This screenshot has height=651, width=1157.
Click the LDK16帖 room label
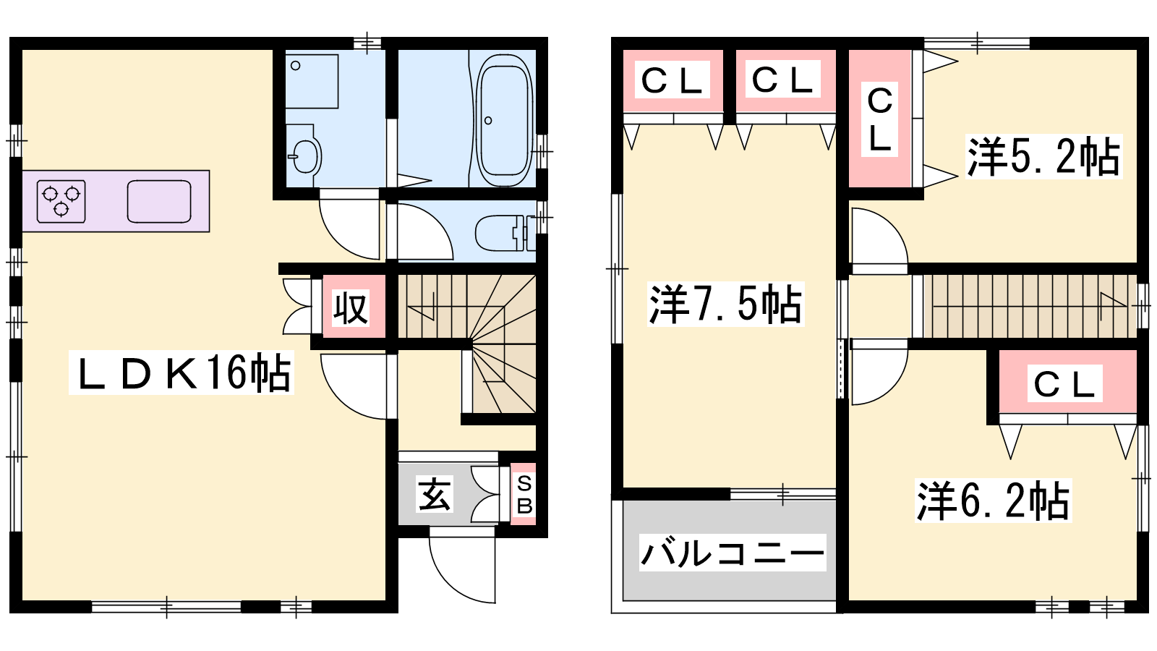[x=182, y=373]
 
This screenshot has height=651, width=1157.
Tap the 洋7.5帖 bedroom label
[x=726, y=304]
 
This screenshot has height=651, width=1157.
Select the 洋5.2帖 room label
[x=1044, y=156]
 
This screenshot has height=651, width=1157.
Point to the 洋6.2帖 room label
[x=994, y=500]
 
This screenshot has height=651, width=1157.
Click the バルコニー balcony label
[x=733, y=553]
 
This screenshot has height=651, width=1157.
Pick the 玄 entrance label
[x=435, y=494]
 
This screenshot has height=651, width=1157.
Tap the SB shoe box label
[x=524, y=495]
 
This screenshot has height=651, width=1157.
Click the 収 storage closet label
[x=351, y=308]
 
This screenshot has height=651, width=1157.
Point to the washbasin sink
[x=304, y=156]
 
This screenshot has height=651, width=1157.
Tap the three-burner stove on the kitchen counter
[x=61, y=201]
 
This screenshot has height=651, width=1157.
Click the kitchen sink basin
[x=159, y=202]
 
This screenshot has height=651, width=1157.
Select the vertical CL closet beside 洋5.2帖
[x=879, y=119]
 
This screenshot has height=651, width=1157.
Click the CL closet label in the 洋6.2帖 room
[x=1064, y=383]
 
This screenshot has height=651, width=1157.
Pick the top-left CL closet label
[x=672, y=80]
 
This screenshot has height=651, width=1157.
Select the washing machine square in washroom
[x=312, y=81]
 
